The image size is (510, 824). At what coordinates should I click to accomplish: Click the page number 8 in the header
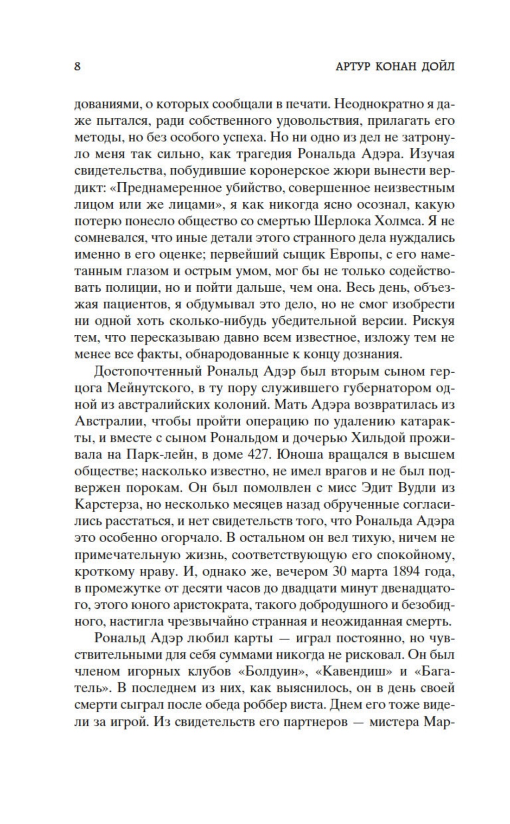coord(77,67)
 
